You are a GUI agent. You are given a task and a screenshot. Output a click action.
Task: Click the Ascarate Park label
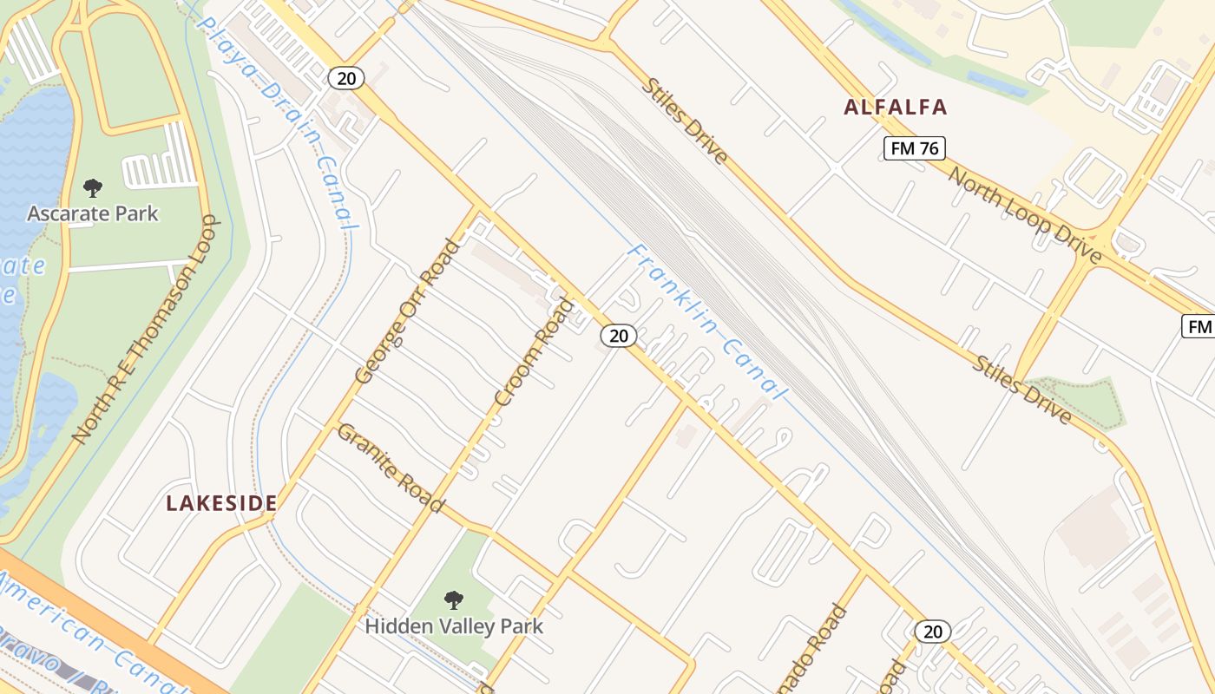[x=93, y=213]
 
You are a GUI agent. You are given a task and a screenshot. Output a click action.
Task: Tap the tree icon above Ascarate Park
[x=93, y=187]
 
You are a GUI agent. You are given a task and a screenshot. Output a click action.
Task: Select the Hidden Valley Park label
[x=454, y=625]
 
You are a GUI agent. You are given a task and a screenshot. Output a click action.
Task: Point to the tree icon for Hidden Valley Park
[x=453, y=599]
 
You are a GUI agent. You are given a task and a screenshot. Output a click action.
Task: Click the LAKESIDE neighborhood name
[x=222, y=503]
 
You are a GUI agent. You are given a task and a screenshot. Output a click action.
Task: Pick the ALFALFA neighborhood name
[x=896, y=108]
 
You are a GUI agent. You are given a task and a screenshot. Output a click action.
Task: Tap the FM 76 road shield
[x=915, y=148]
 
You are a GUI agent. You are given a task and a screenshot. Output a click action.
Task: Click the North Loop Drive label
[x=1025, y=215]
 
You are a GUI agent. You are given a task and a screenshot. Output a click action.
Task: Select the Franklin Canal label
[x=706, y=322]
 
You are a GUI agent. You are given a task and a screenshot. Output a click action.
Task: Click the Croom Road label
[x=535, y=351]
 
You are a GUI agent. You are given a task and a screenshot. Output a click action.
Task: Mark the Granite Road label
[x=391, y=467]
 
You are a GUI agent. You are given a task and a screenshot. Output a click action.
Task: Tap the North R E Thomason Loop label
[x=147, y=331]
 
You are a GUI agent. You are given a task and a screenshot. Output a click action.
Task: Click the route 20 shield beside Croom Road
[x=618, y=336]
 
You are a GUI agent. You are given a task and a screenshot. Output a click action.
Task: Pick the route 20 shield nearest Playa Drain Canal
[x=345, y=78]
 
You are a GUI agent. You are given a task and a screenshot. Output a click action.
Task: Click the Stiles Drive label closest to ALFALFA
[x=685, y=121]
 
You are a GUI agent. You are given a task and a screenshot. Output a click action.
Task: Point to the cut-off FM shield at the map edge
[x=1199, y=327]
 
